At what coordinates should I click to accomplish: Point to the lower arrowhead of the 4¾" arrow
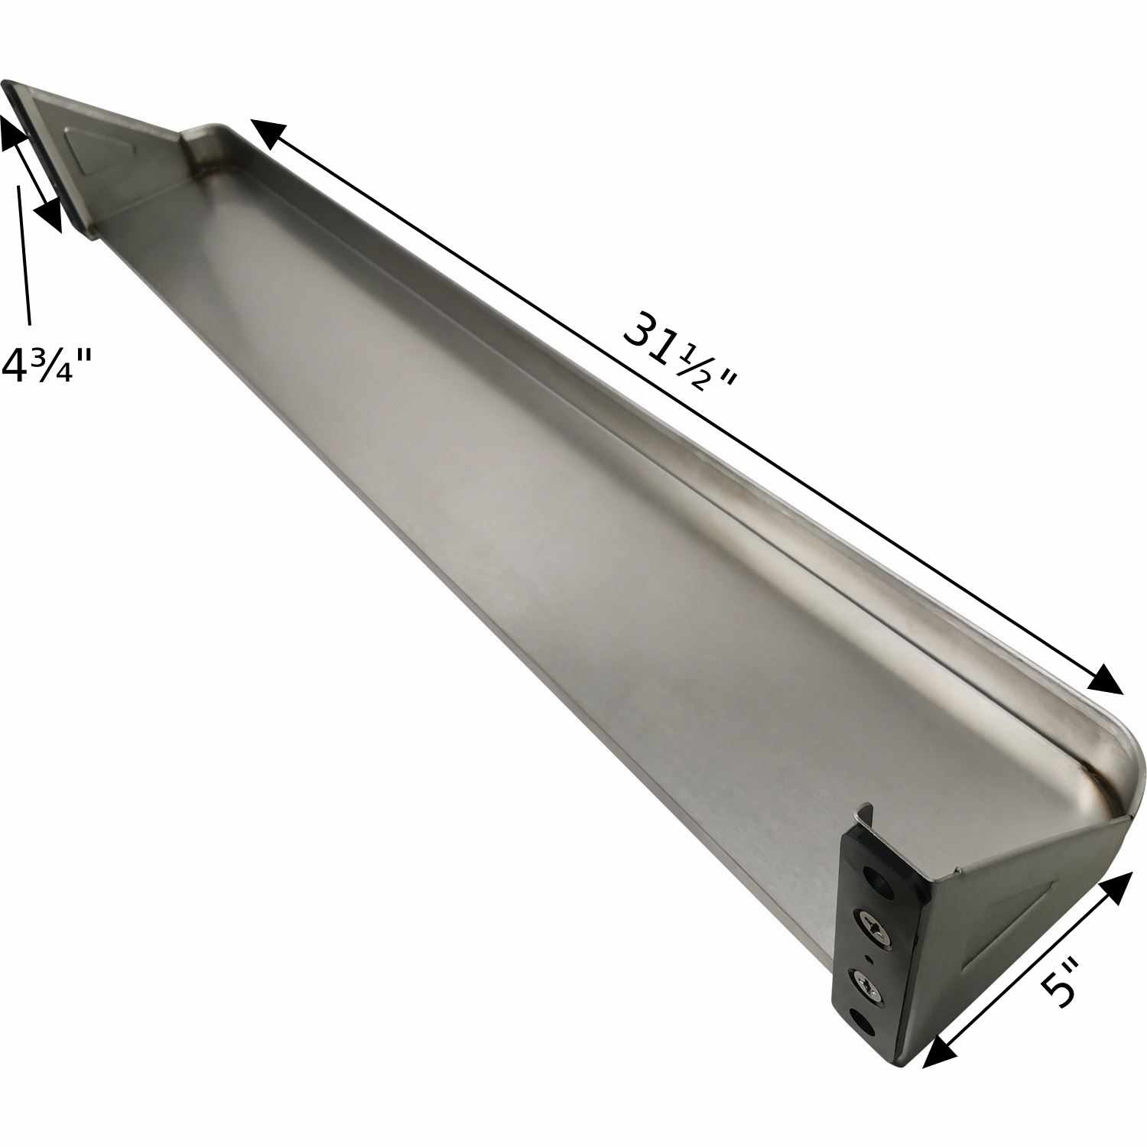(x=48, y=215)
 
